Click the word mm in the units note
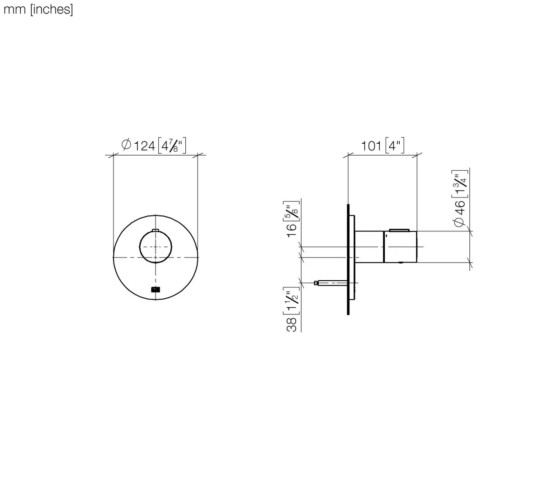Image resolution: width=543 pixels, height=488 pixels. pos(14,9)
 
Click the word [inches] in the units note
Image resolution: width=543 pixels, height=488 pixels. pos(51,9)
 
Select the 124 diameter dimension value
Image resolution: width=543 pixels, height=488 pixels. pos(145,146)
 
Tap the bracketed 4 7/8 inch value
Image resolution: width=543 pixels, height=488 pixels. pos(172,146)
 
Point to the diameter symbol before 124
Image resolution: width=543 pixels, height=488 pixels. pos(127,145)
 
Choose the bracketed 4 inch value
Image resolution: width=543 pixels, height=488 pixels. pos(395,146)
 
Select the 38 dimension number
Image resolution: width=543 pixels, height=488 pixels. pos(292,324)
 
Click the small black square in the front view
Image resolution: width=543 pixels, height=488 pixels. pos(156,290)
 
